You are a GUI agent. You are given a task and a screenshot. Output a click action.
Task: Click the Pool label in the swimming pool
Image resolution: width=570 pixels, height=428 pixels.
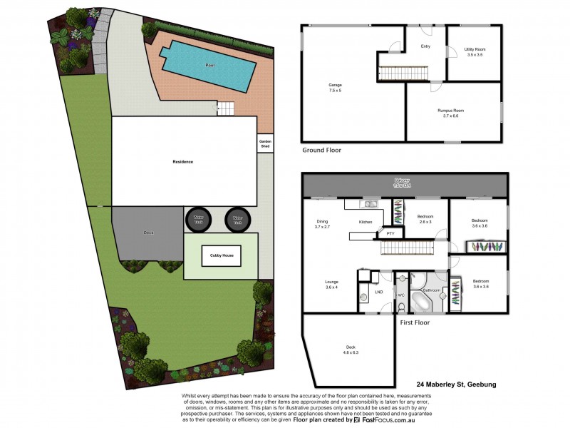tap(209, 65)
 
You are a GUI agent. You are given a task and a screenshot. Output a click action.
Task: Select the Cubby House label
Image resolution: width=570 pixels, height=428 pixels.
tap(221, 255)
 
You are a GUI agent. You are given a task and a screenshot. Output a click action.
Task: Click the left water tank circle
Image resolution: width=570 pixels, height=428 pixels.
tap(197, 220)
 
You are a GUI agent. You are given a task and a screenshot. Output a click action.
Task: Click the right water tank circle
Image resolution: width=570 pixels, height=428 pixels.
tap(237, 220)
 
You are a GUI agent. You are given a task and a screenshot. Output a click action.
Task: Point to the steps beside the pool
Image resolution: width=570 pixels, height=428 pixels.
tap(224, 108)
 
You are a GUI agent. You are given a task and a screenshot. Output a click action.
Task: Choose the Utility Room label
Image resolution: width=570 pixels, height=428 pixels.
tap(475, 51)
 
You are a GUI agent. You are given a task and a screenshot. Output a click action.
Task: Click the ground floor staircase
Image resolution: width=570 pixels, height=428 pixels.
tap(400, 72)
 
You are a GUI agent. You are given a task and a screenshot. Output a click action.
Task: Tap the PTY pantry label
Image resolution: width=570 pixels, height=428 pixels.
tap(390, 233)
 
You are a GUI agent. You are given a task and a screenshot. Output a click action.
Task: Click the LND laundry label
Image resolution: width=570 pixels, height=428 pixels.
tap(379, 292)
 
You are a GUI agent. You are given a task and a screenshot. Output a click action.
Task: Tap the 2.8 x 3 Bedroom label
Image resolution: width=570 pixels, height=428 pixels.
tap(425, 219)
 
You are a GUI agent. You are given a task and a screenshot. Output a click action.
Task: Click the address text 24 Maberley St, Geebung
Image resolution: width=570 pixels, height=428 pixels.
tap(455, 384)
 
